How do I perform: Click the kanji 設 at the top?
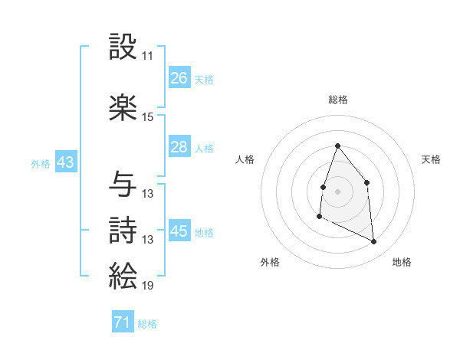coord(123,47)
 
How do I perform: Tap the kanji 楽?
coord(123,106)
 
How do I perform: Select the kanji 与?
coord(123,183)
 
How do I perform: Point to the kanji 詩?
coord(123,230)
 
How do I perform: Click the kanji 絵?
coord(123,275)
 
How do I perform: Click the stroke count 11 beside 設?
coord(147,57)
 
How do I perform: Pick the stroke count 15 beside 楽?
coord(147,117)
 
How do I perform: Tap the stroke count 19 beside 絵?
coord(147,286)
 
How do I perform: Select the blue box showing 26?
coord(179,78)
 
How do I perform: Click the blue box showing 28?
coord(179,147)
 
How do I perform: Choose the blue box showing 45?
coord(179,231)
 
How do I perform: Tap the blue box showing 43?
coord(65,163)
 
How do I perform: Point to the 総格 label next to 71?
coord(147,324)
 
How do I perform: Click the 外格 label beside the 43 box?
coord(40,164)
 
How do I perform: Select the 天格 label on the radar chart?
coord(432,159)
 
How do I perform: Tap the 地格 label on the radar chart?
coord(402,262)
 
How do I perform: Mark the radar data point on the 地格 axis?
coord(374,241)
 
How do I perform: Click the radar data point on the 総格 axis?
coord(337,146)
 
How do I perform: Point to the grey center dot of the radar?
coord(337,191)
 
